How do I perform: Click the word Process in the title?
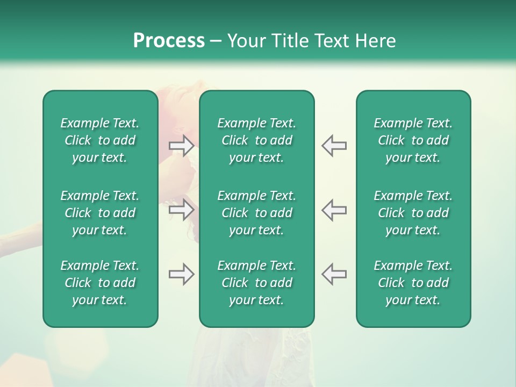click(x=169, y=41)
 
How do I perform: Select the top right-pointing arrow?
click(x=182, y=146)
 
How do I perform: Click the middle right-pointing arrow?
click(x=182, y=209)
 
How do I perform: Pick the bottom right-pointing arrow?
click(x=182, y=274)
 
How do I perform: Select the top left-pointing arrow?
click(x=334, y=146)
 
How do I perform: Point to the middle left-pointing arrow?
click(x=334, y=209)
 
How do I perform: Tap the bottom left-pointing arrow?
click(x=334, y=274)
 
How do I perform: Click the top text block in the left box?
click(x=100, y=140)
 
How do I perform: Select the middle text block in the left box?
click(x=100, y=213)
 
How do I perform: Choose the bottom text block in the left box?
click(x=100, y=283)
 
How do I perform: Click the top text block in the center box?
click(x=256, y=140)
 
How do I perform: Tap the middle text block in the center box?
click(x=256, y=213)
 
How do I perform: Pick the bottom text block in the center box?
click(x=256, y=283)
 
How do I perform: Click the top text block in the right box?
click(x=413, y=140)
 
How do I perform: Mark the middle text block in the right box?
click(x=413, y=213)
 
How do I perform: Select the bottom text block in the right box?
click(x=413, y=283)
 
